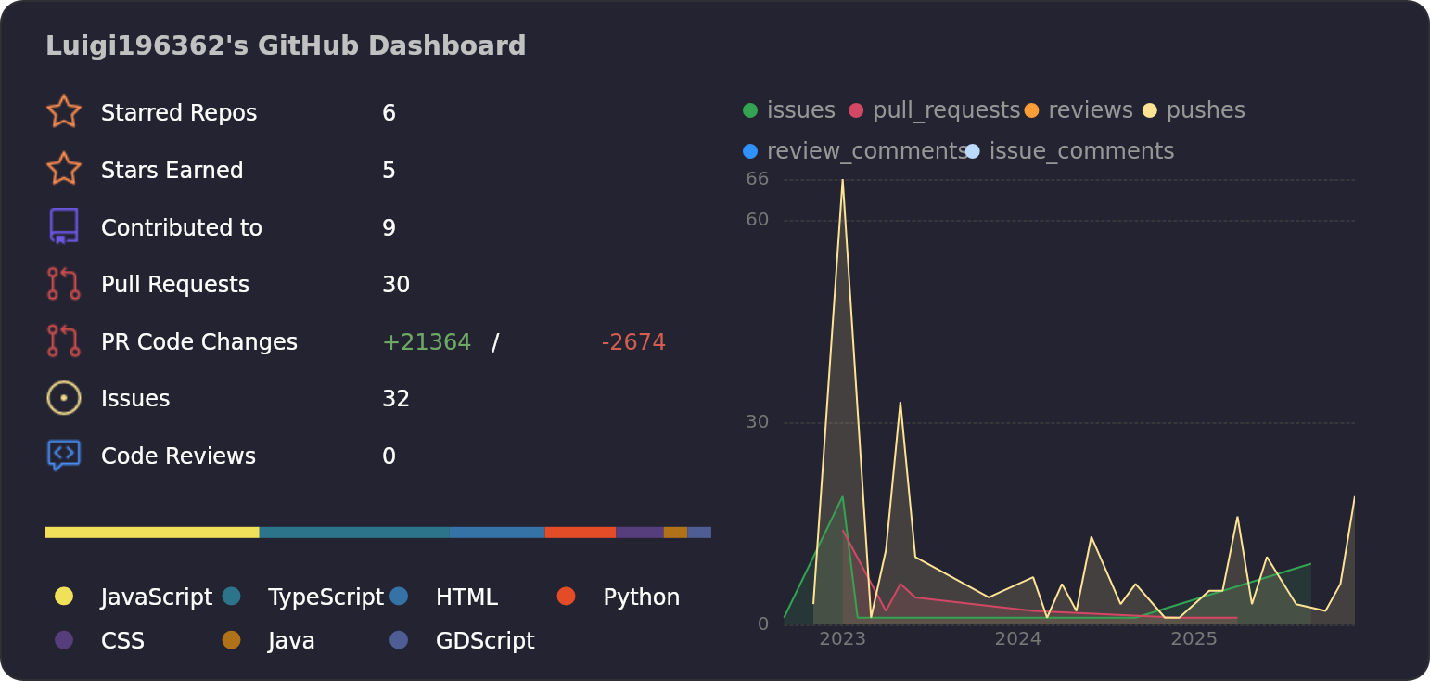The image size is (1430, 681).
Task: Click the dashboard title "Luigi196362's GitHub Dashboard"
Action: tap(286, 45)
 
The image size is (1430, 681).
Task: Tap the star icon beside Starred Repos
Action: tap(64, 111)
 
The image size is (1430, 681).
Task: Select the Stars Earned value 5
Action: tap(389, 171)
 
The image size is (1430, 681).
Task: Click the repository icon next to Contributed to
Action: tap(64, 226)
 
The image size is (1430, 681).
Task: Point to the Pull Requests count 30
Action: tap(396, 285)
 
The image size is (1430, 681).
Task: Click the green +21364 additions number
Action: tap(427, 342)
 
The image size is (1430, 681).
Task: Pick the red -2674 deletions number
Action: tap(633, 342)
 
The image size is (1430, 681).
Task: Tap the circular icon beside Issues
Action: tap(64, 398)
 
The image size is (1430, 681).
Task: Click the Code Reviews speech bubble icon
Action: tap(64, 455)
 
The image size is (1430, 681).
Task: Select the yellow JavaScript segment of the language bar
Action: tap(152, 533)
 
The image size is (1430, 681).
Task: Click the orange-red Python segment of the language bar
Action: tap(580, 533)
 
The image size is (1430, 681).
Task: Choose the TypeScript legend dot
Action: tap(232, 597)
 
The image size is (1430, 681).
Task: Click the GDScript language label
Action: tap(485, 641)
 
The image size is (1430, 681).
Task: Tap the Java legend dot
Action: tap(232, 640)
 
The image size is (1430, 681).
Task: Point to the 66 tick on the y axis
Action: tap(758, 179)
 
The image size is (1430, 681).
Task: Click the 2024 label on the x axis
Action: tap(1018, 639)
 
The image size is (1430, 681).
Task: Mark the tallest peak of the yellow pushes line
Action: tap(842, 180)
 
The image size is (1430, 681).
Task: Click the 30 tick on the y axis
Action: tap(758, 422)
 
